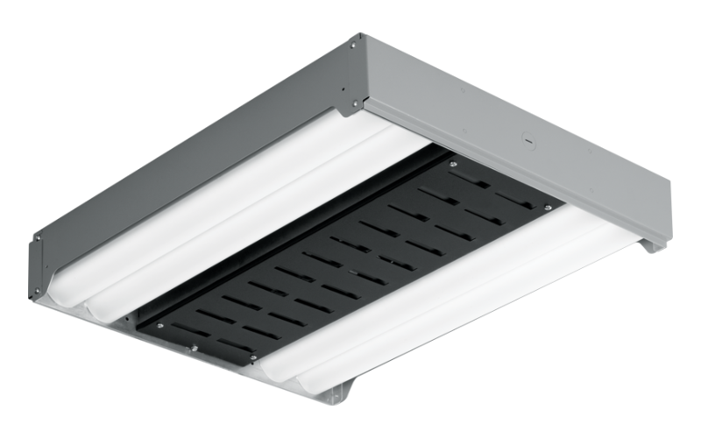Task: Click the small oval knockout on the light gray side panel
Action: (x=527, y=138)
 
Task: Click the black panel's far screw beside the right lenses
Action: (x=548, y=208)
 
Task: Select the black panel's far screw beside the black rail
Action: (x=452, y=164)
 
